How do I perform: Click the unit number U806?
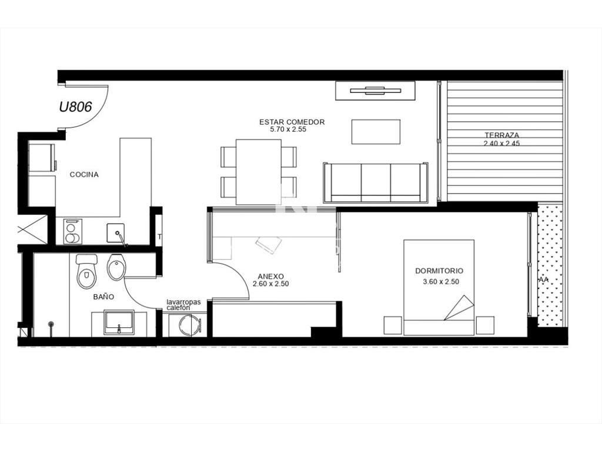[x=75, y=107]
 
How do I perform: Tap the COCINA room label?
[x=84, y=174]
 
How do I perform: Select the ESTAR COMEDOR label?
[x=292, y=122]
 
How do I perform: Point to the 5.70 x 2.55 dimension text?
[x=288, y=129]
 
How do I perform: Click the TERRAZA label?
[x=502, y=135]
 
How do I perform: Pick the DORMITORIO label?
[x=439, y=271]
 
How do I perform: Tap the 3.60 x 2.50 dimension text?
[x=441, y=282]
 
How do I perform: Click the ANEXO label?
[x=270, y=277]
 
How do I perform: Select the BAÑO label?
[x=103, y=297]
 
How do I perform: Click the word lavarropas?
[x=183, y=302]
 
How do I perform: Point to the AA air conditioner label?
[x=544, y=280]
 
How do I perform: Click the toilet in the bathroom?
[x=87, y=271]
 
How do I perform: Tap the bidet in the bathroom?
[x=116, y=267]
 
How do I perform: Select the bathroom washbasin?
[x=119, y=322]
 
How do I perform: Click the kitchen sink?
[x=115, y=232]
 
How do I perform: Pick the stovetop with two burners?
[x=72, y=231]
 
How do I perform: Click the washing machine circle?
[x=190, y=325]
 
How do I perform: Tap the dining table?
[x=259, y=172]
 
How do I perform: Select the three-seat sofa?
[x=376, y=182]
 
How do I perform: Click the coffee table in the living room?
[x=376, y=132]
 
